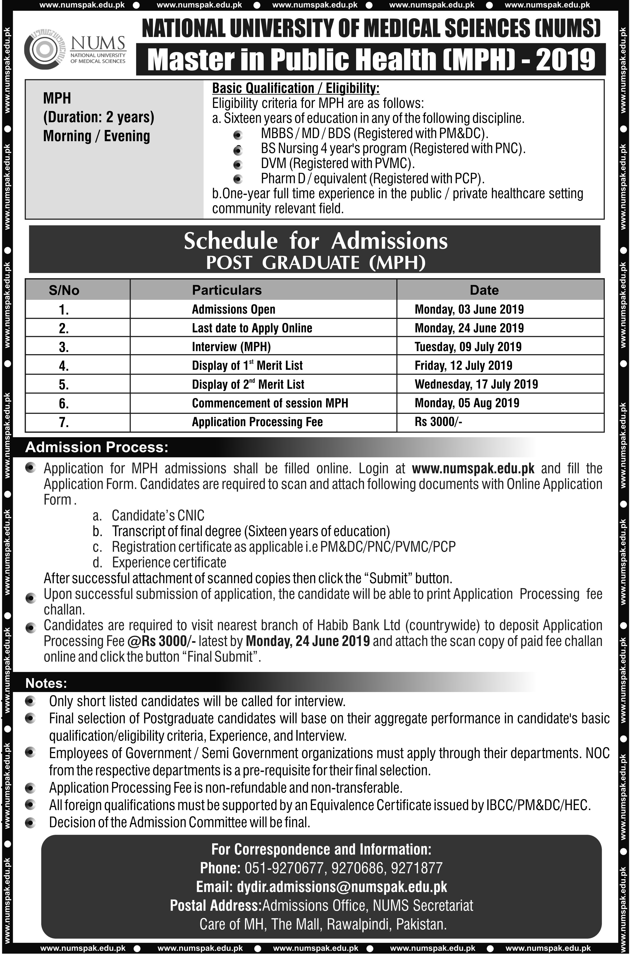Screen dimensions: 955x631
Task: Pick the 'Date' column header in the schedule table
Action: (484, 290)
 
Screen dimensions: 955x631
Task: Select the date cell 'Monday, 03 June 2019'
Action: (469, 309)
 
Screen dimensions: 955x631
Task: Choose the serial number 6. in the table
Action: (64, 403)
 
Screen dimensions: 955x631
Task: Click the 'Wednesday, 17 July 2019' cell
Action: (476, 384)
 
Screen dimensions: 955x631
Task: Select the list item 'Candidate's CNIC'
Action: (158, 515)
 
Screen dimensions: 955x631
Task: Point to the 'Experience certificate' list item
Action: (169, 562)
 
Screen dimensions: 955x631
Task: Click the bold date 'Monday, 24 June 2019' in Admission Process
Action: (308, 641)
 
